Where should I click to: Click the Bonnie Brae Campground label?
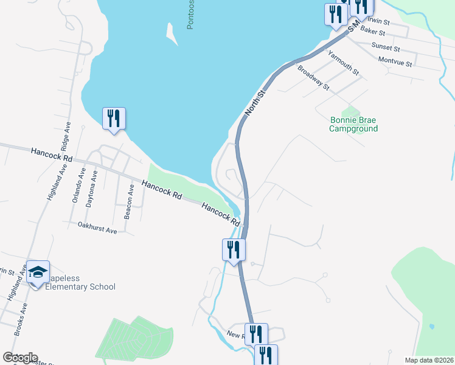click(x=353, y=124)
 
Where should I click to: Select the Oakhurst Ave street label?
click(x=97, y=231)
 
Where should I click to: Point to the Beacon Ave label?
click(x=129, y=202)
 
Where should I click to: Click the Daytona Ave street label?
click(x=91, y=189)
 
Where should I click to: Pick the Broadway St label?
click(x=313, y=78)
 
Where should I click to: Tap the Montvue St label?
click(x=395, y=62)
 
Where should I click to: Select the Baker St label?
click(x=372, y=30)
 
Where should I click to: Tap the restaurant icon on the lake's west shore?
click(x=114, y=118)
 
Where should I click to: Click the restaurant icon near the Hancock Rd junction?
click(x=233, y=249)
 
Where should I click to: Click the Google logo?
click(x=20, y=358)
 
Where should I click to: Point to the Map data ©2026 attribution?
click(x=429, y=360)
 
